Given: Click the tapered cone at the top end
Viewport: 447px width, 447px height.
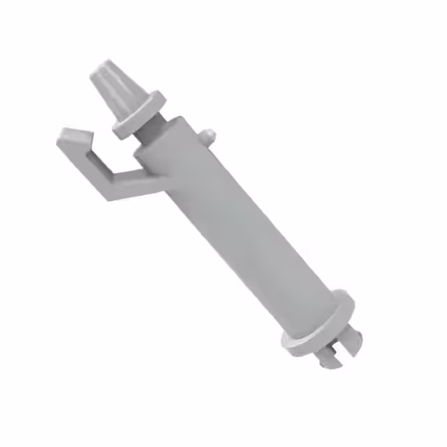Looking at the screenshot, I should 117,87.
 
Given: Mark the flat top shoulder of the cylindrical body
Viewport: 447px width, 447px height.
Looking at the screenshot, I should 171,133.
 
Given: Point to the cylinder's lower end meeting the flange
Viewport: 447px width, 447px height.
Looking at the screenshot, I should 307,307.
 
